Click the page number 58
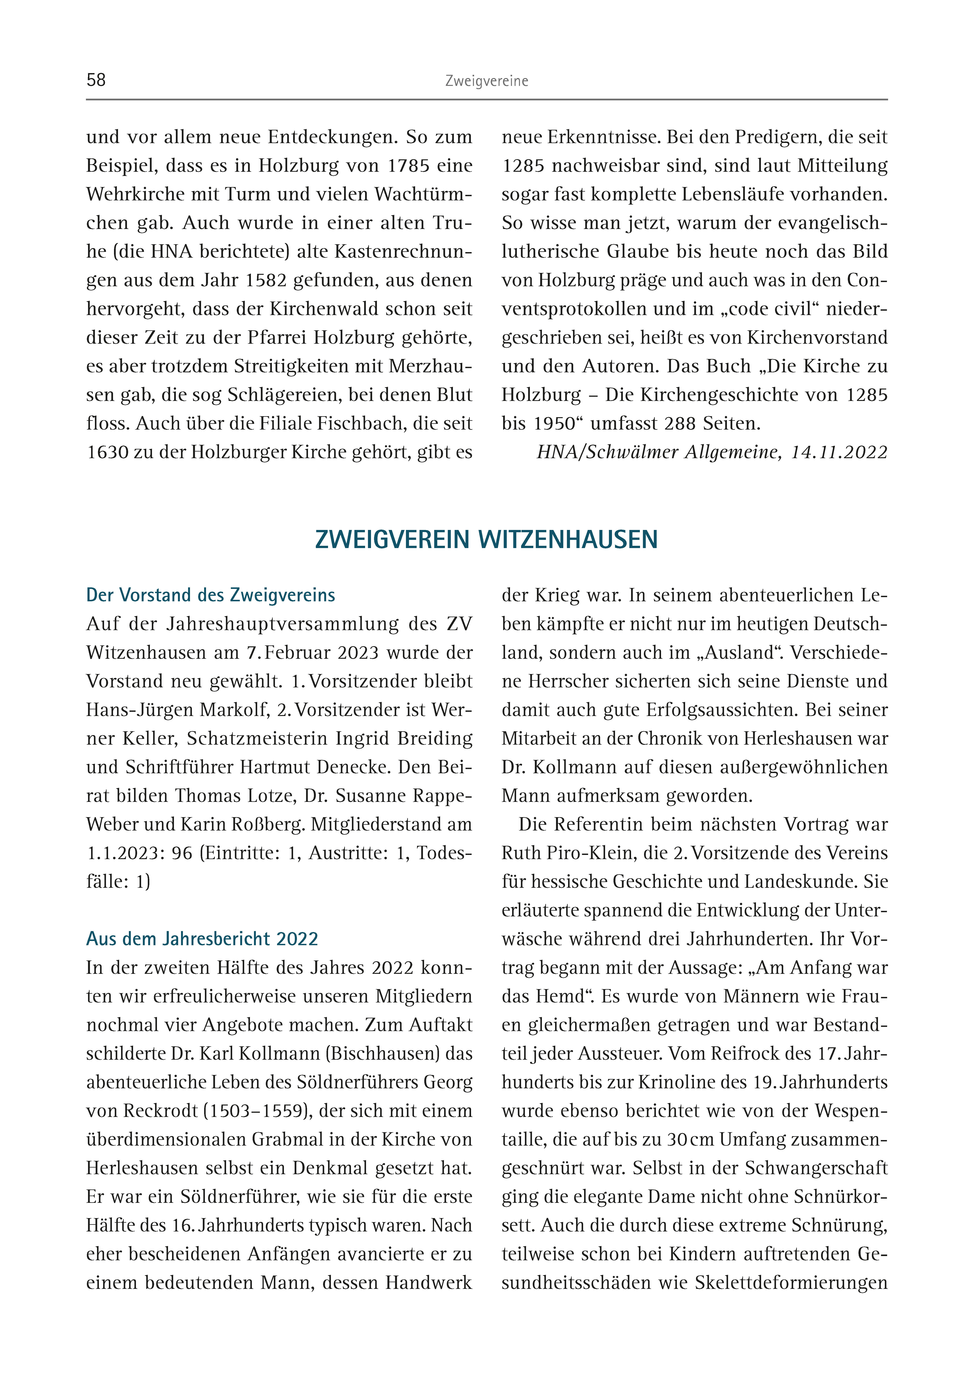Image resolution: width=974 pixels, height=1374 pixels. tap(96, 80)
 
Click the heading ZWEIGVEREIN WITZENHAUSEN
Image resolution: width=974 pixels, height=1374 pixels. tap(486, 539)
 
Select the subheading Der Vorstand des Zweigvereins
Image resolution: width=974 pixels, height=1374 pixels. tap(210, 595)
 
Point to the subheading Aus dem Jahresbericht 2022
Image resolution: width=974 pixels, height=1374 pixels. tap(202, 939)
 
